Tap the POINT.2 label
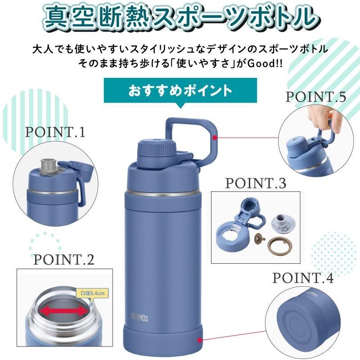(x=63, y=260)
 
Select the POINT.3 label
(x=255, y=184)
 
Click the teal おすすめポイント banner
(x=180, y=91)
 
